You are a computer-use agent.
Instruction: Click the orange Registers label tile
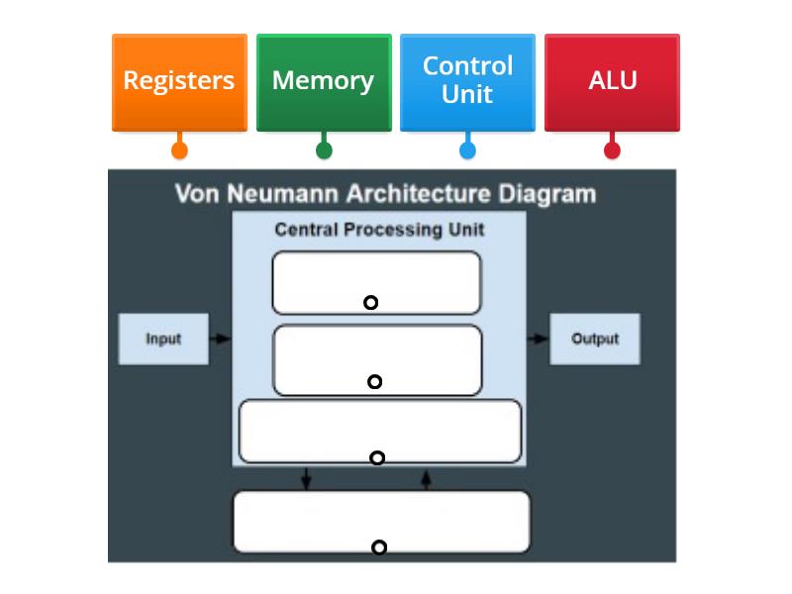179,81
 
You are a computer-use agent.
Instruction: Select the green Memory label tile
324,81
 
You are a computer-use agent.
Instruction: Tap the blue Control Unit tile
467,81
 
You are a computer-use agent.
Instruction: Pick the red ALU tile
612,81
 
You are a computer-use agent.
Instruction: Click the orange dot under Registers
179,150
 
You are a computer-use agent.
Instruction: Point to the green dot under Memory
324,150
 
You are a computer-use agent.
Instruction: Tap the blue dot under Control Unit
467,150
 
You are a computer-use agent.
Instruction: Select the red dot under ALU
612,150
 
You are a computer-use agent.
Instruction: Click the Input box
163,339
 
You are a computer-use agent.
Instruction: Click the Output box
595,339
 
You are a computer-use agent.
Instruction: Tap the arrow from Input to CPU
222,339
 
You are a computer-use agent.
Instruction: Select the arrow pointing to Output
538,339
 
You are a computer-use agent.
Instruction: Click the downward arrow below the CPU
306,479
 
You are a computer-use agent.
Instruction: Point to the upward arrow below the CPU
427,479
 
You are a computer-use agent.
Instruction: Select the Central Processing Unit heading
379,230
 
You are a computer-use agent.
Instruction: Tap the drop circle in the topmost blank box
370,302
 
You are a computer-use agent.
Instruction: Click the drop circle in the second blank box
374,381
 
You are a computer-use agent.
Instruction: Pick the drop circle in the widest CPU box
377,457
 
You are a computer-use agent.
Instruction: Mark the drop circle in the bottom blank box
378,547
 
